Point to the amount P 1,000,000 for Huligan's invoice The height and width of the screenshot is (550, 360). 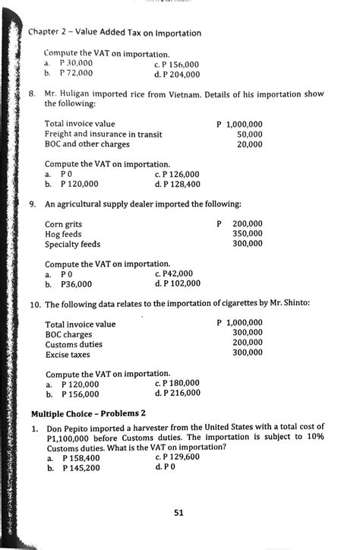pyautogui.click(x=239, y=123)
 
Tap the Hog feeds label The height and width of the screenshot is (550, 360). pyautogui.click(x=62, y=235)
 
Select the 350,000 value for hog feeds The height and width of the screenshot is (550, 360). pyautogui.click(x=247, y=234)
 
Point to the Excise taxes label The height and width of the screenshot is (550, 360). pyautogui.click(x=68, y=354)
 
